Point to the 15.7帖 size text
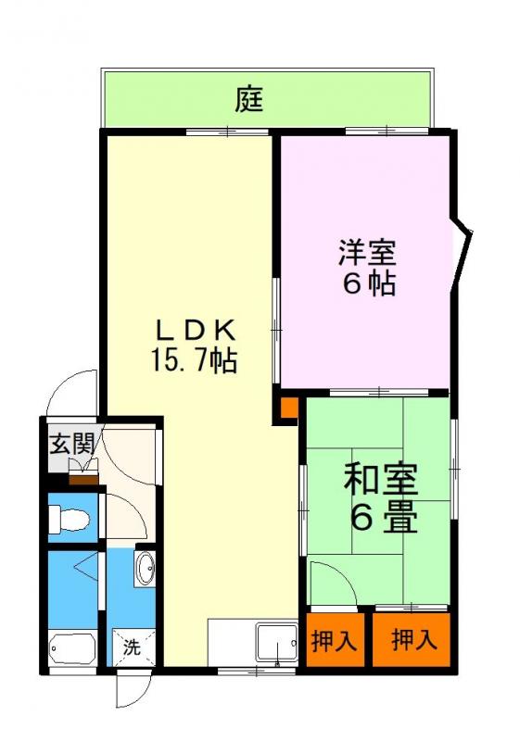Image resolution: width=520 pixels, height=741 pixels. point(195,359)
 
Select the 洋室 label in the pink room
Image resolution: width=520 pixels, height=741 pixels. point(368,251)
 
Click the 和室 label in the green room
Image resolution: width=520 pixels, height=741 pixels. point(381,481)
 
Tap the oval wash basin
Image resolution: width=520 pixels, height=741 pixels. point(146,569)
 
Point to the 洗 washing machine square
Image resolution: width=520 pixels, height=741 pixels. point(131,647)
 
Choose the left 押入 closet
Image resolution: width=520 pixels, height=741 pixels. point(334,640)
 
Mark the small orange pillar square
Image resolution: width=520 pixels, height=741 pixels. point(289,407)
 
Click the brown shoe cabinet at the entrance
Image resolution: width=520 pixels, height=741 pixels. point(83,478)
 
